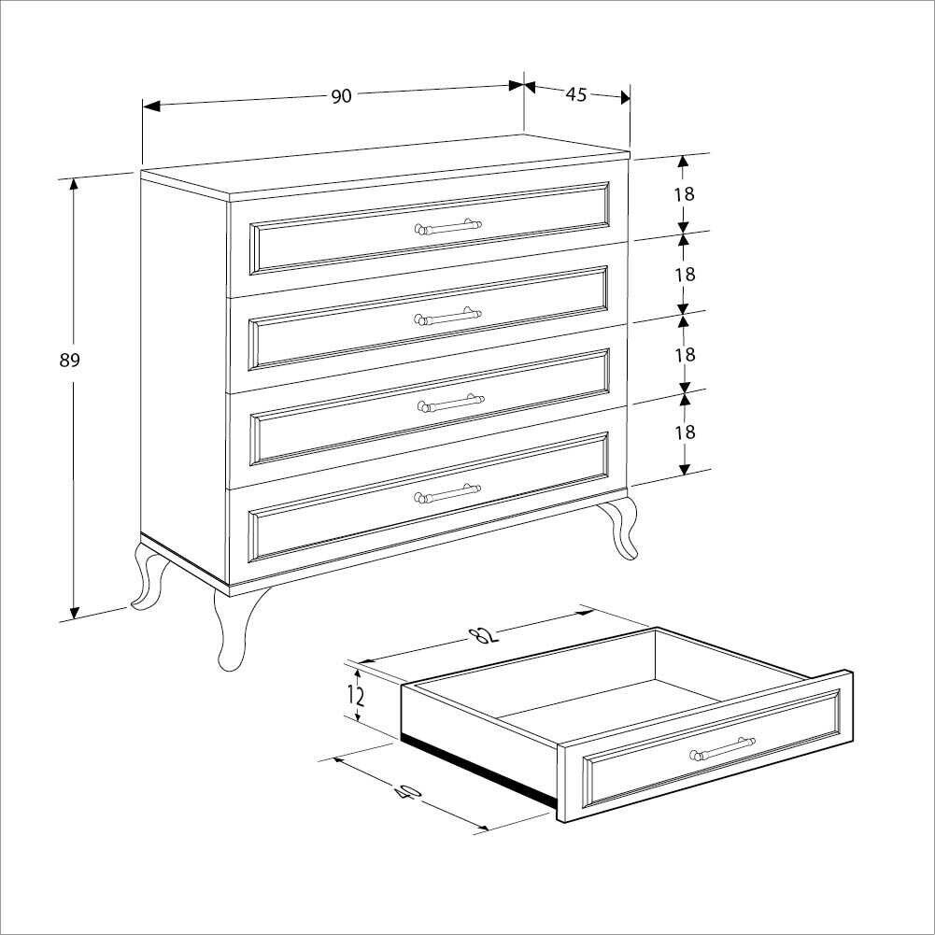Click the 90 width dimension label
pos(342,96)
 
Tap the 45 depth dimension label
pos(576,94)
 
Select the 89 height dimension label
pos(69,361)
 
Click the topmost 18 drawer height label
pos(686,193)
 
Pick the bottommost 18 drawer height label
pos(686,432)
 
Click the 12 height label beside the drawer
pos(356,695)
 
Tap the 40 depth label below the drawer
pos(408,791)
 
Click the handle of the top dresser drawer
pos(447,227)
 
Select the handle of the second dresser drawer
pos(447,316)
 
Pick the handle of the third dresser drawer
pos(450,404)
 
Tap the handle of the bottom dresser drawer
pos(447,492)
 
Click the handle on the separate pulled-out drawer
pos(722,748)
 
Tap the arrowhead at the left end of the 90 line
pos(151,106)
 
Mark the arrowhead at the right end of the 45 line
pos(625,97)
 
